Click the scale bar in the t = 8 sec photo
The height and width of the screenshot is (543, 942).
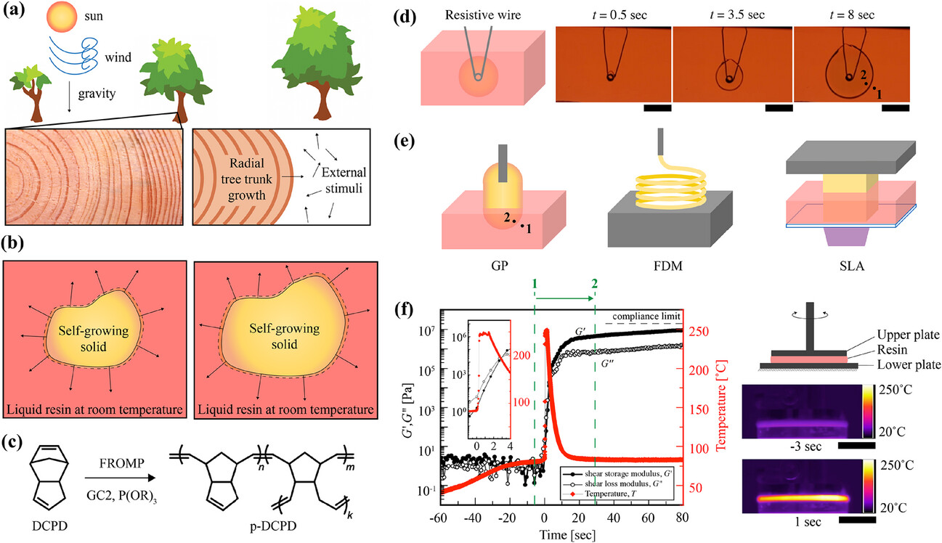tap(895, 107)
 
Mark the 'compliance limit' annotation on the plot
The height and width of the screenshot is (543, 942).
tap(648, 317)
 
